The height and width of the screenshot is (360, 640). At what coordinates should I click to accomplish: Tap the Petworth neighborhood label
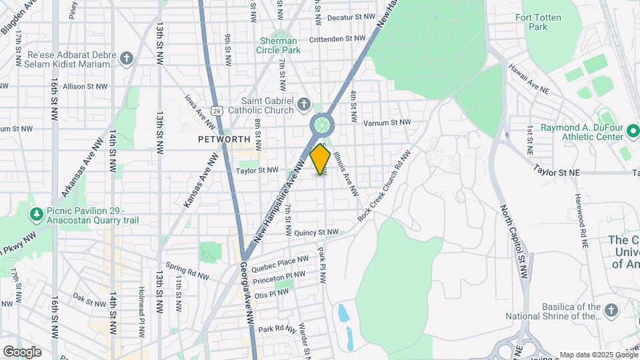pyautogui.click(x=223, y=139)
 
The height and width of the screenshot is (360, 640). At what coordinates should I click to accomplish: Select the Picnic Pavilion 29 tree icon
pyautogui.click(x=35, y=215)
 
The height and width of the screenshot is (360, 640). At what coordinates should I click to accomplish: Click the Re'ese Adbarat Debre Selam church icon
pyautogui.click(x=127, y=59)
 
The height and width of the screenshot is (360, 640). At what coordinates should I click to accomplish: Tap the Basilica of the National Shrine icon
pyautogui.click(x=611, y=311)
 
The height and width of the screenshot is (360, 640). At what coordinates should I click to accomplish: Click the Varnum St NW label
pyautogui.click(x=387, y=123)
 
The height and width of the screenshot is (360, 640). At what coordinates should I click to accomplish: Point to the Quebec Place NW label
pyautogui.click(x=280, y=262)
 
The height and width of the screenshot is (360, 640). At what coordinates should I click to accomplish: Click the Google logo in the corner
pyautogui.click(x=21, y=351)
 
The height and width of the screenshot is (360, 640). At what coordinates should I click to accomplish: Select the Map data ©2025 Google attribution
pyautogui.click(x=598, y=355)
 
